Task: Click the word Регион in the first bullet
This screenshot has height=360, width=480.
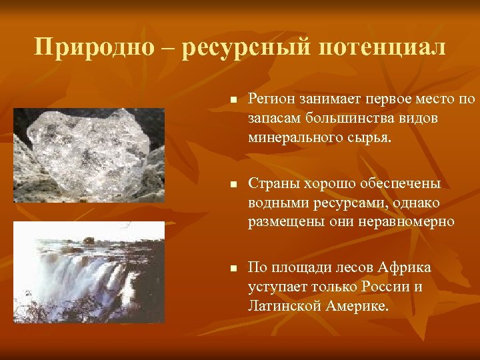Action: [x=271, y=100]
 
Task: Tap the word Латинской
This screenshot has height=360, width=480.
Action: [x=283, y=306]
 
